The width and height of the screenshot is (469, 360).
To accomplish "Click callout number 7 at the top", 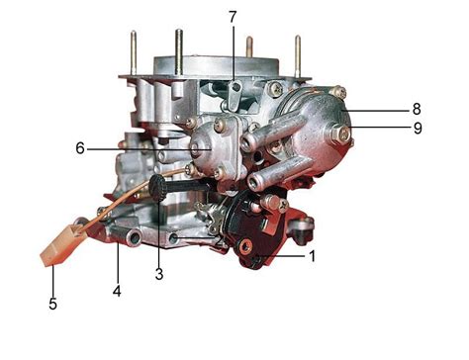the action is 233,17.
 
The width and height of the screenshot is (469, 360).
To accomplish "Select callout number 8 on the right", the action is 417,109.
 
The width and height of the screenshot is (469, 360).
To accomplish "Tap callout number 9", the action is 418,128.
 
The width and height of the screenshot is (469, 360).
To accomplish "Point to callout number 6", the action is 80,148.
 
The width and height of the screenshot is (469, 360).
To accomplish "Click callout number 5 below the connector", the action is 52,304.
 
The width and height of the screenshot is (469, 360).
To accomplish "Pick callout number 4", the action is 117,291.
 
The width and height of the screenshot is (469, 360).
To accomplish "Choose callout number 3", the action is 159,274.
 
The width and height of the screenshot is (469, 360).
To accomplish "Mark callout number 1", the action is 312,256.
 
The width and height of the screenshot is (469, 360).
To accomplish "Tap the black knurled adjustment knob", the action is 157,188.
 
